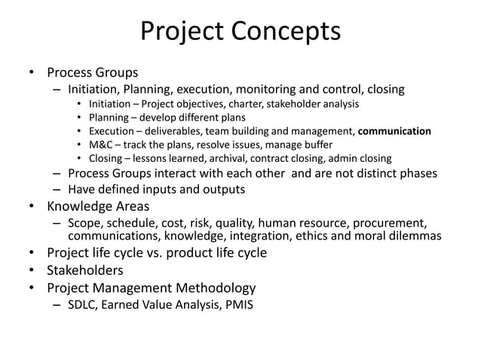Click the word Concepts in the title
[288, 32]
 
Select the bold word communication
[394, 131]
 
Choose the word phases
[413, 173]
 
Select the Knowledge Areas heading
[98, 206]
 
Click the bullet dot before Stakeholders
[32, 270]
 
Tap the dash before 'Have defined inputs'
[57, 189]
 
